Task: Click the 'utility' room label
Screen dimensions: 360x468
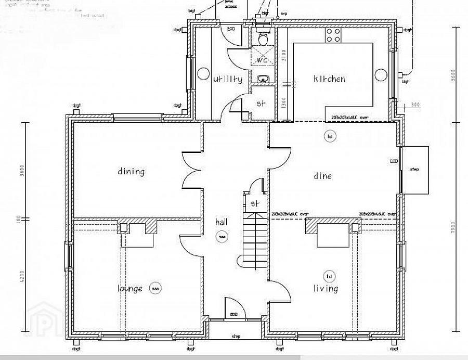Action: point(227,79)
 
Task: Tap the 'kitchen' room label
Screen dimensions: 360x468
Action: point(329,79)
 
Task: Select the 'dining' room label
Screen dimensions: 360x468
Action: point(131,171)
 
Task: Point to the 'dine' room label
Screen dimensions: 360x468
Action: point(322,176)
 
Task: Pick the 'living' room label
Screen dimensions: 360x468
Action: point(326,288)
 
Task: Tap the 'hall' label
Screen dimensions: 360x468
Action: point(222,222)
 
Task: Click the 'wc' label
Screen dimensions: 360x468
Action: point(262,60)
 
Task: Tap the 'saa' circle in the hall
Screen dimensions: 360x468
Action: point(222,237)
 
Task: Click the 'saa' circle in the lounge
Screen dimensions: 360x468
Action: point(154,288)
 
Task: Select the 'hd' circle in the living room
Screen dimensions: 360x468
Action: point(329,276)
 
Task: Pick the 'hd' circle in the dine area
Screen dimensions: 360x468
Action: point(329,136)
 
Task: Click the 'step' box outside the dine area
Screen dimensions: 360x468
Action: point(415,170)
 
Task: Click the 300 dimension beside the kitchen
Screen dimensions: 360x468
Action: point(414,105)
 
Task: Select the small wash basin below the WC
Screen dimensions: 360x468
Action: point(263,80)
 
